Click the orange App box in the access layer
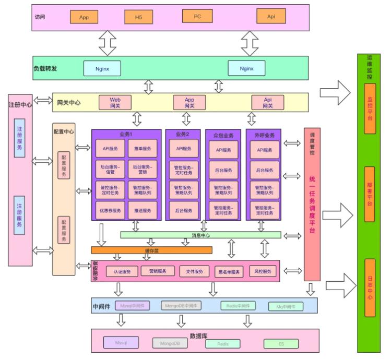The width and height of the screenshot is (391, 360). coord(84,17)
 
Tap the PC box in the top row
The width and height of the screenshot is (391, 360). coord(197,16)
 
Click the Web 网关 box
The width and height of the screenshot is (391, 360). coord(115,102)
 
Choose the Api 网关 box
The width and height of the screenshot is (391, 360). coord(267,102)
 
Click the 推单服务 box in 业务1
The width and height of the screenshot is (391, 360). coord(140,148)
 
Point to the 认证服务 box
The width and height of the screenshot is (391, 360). coord(122,271)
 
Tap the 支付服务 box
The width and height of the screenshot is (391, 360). coord(194,271)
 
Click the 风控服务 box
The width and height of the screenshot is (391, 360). coord(262,271)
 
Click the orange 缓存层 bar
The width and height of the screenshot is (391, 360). coord(151,250)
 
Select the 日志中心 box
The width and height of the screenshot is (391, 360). coord(370,287)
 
